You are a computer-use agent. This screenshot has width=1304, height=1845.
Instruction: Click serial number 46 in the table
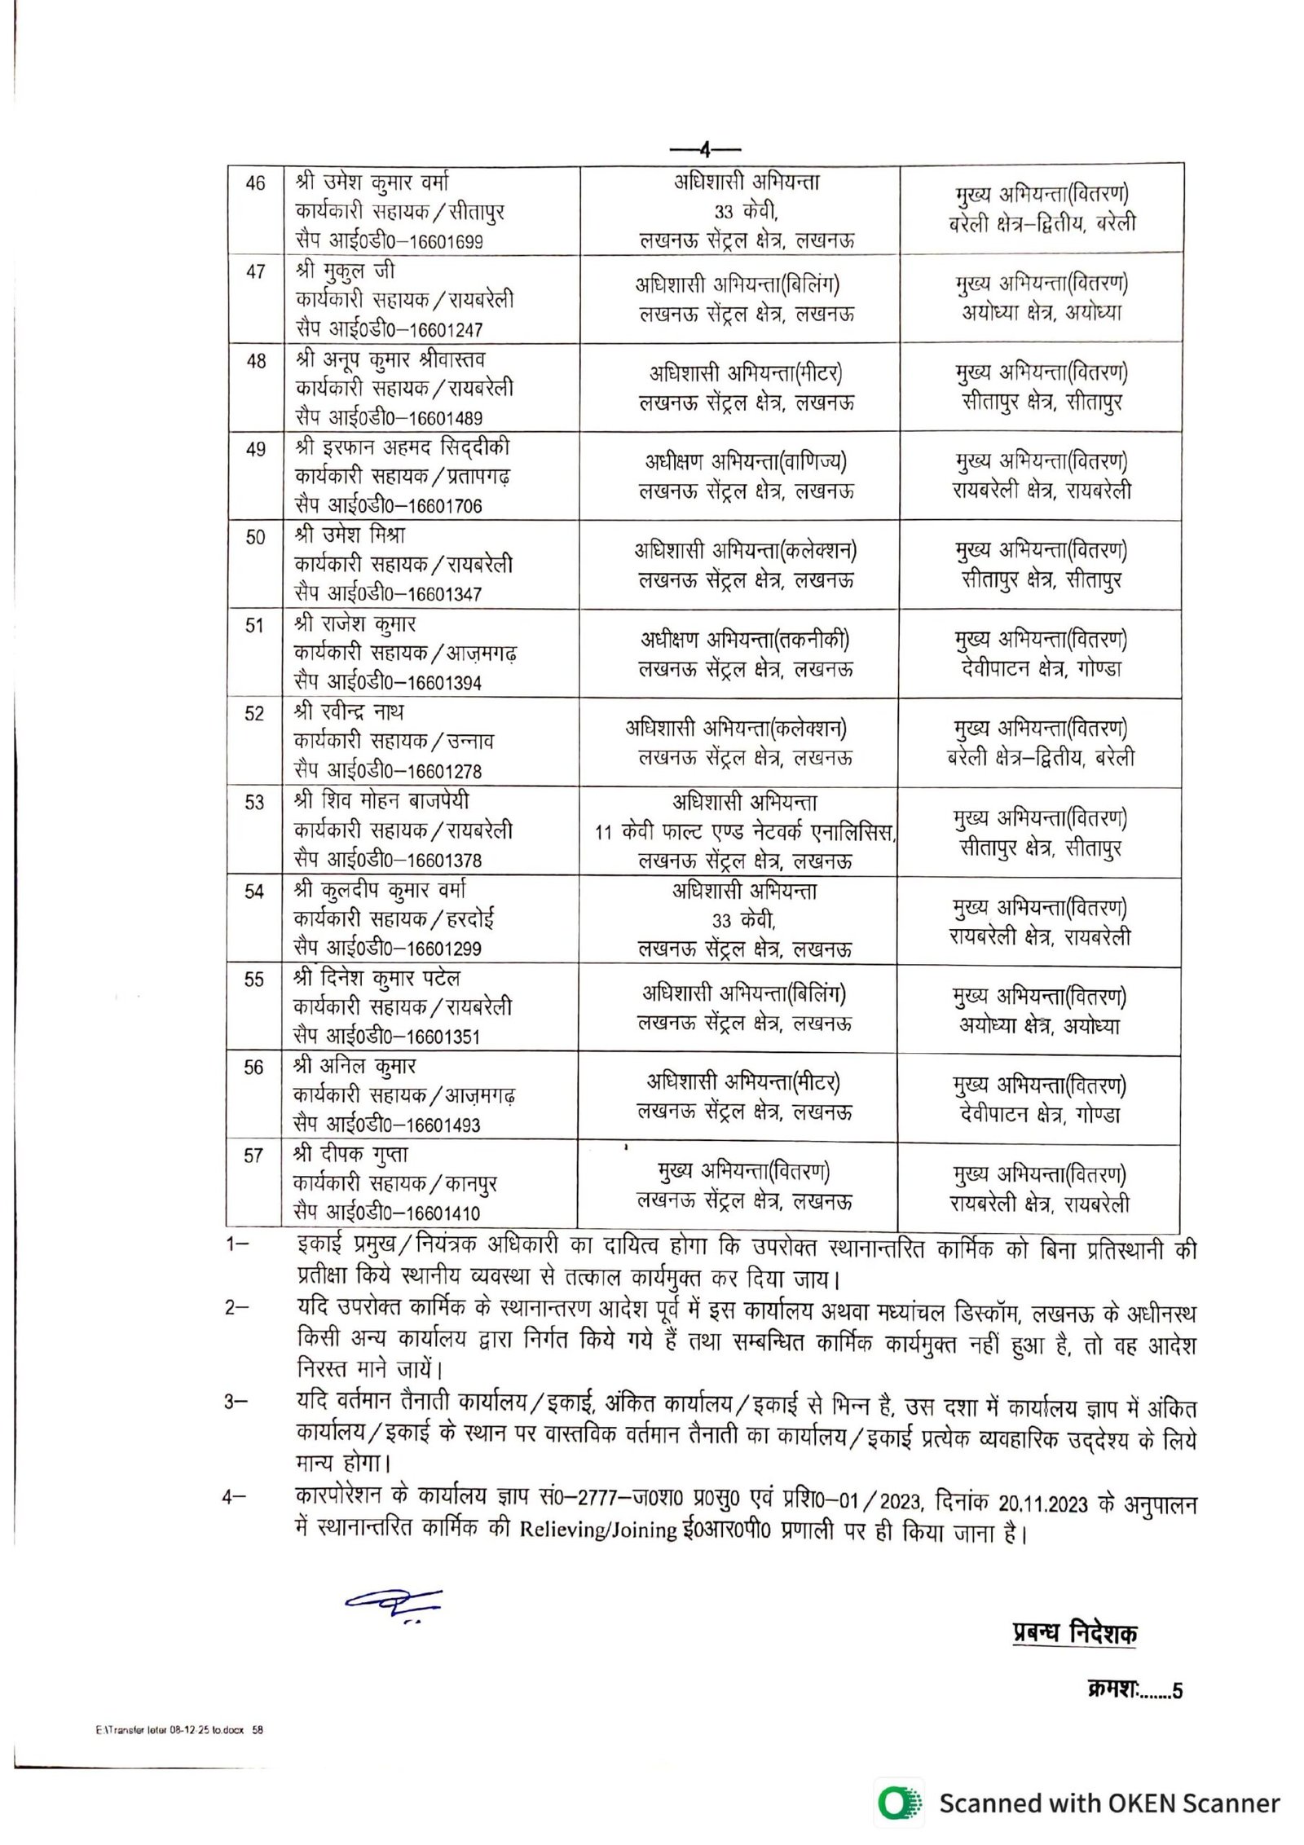tap(255, 183)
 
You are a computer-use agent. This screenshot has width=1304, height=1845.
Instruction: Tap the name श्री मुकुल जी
tap(346, 271)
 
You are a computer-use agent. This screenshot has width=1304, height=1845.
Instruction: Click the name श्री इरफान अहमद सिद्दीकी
tap(403, 447)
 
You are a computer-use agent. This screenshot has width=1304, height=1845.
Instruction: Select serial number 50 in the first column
tap(255, 537)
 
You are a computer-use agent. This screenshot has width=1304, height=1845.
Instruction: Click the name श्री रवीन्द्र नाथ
tap(350, 712)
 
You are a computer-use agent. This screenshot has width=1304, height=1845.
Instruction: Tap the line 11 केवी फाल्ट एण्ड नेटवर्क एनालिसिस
tap(745, 832)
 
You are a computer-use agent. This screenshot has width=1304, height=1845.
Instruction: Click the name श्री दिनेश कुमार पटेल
tap(377, 978)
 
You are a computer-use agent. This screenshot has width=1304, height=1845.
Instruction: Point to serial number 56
tap(254, 1068)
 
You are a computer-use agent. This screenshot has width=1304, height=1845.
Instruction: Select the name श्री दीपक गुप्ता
tap(351, 1155)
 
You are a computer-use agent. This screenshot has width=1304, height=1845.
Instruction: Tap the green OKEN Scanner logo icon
tap(900, 1803)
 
